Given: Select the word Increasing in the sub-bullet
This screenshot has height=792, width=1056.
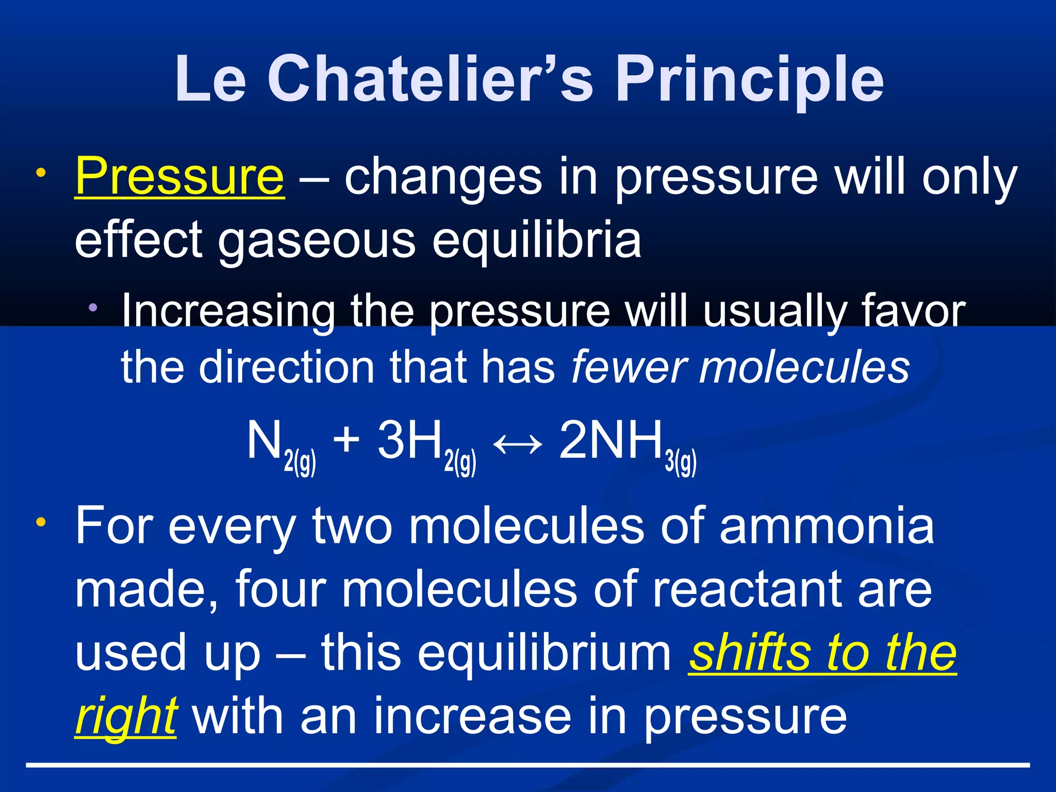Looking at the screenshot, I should (228, 311).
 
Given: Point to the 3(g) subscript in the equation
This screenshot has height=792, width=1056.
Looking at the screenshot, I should (681, 462).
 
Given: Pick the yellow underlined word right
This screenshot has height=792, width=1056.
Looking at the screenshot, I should (126, 717).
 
